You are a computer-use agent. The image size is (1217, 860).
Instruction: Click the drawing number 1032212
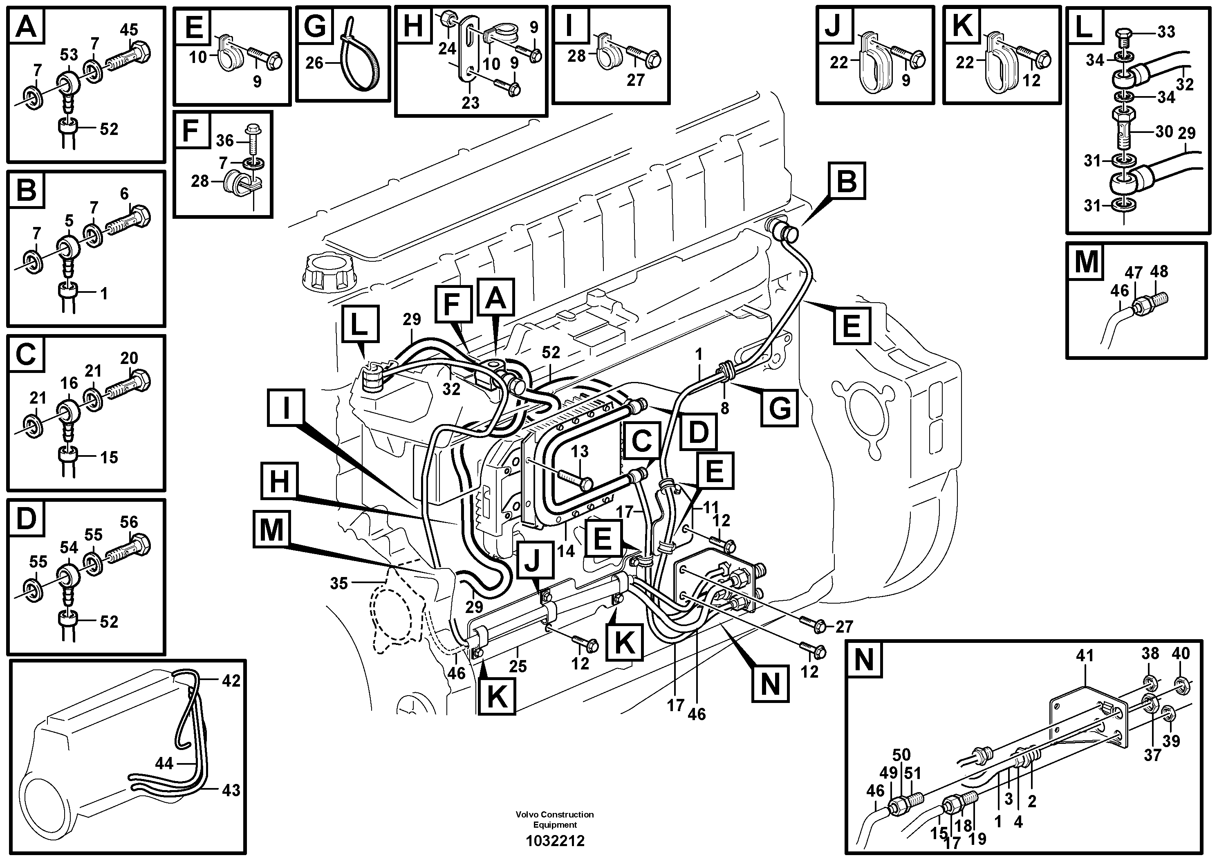[555, 840]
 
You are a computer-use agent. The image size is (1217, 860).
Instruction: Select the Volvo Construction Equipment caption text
[555, 819]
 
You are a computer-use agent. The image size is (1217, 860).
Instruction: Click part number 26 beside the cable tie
[314, 63]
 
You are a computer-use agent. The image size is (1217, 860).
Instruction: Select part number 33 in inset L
[1166, 32]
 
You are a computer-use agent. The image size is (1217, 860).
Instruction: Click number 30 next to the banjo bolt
[1164, 132]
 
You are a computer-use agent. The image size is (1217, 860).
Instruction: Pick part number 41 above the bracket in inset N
[1085, 656]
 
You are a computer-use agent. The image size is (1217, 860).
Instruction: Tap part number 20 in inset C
[129, 358]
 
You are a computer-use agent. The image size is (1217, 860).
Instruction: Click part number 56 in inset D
[129, 522]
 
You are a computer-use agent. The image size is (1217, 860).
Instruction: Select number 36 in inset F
[225, 141]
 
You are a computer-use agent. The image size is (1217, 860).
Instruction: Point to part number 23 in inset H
[470, 103]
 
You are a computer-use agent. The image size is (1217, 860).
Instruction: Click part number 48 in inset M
[1159, 272]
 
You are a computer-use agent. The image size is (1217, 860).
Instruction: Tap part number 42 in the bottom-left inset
[231, 680]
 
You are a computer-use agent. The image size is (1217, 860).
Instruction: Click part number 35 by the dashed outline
[339, 583]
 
